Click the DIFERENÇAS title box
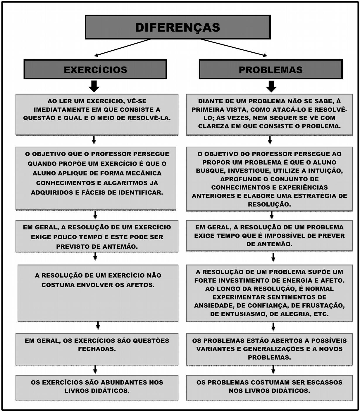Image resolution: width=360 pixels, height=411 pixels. pyautogui.click(x=178, y=27)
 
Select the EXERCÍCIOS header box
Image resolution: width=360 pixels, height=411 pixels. pyautogui.click(x=95, y=70)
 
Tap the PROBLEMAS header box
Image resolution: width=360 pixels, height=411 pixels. pyautogui.click(x=271, y=70)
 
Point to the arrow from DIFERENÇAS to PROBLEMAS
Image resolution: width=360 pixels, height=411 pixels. pyautogui.click(x=234, y=47)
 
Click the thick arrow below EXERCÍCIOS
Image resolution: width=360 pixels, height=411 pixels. pyautogui.click(x=94, y=86)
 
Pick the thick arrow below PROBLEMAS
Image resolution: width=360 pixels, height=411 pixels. pyautogui.click(x=271, y=86)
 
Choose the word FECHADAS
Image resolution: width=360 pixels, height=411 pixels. pyautogui.click(x=97, y=349)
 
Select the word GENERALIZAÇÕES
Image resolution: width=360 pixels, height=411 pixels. pyautogui.click(x=274, y=349)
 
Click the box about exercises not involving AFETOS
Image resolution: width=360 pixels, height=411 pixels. pyautogui.click(x=98, y=293)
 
